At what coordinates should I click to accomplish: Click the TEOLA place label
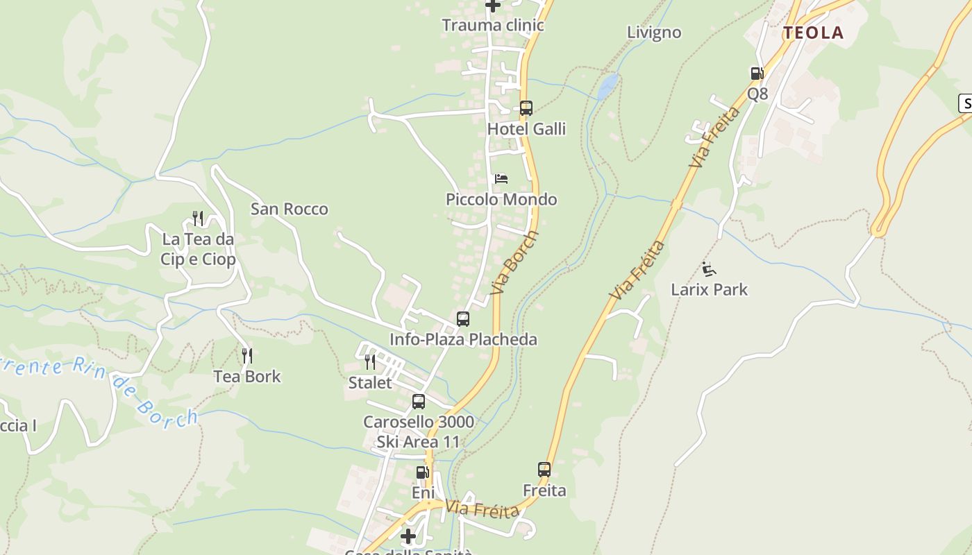tap(813, 33)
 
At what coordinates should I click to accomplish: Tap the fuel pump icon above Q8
tap(756, 74)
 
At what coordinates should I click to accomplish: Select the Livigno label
tap(653, 33)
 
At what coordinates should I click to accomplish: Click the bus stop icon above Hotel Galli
tap(526, 108)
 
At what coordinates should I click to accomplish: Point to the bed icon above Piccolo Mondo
tap(501, 179)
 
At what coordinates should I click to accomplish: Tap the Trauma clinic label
tap(492, 26)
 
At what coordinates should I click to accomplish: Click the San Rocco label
tap(289, 209)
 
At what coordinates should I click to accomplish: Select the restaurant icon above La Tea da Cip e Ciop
tap(198, 219)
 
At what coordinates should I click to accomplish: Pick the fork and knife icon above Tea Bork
tap(246, 356)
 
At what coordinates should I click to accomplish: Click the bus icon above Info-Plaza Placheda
tap(463, 319)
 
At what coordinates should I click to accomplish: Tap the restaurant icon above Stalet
tap(370, 361)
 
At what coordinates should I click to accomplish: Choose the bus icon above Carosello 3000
tap(419, 401)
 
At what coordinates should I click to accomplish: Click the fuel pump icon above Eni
tap(422, 472)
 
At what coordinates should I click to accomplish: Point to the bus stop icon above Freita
tap(544, 470)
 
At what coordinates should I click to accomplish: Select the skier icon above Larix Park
tap(709, 269)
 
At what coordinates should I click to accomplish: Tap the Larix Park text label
tap(709, 289)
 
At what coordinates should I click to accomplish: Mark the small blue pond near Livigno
tap(607, 87)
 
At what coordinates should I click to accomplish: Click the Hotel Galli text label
tap(526, 129)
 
